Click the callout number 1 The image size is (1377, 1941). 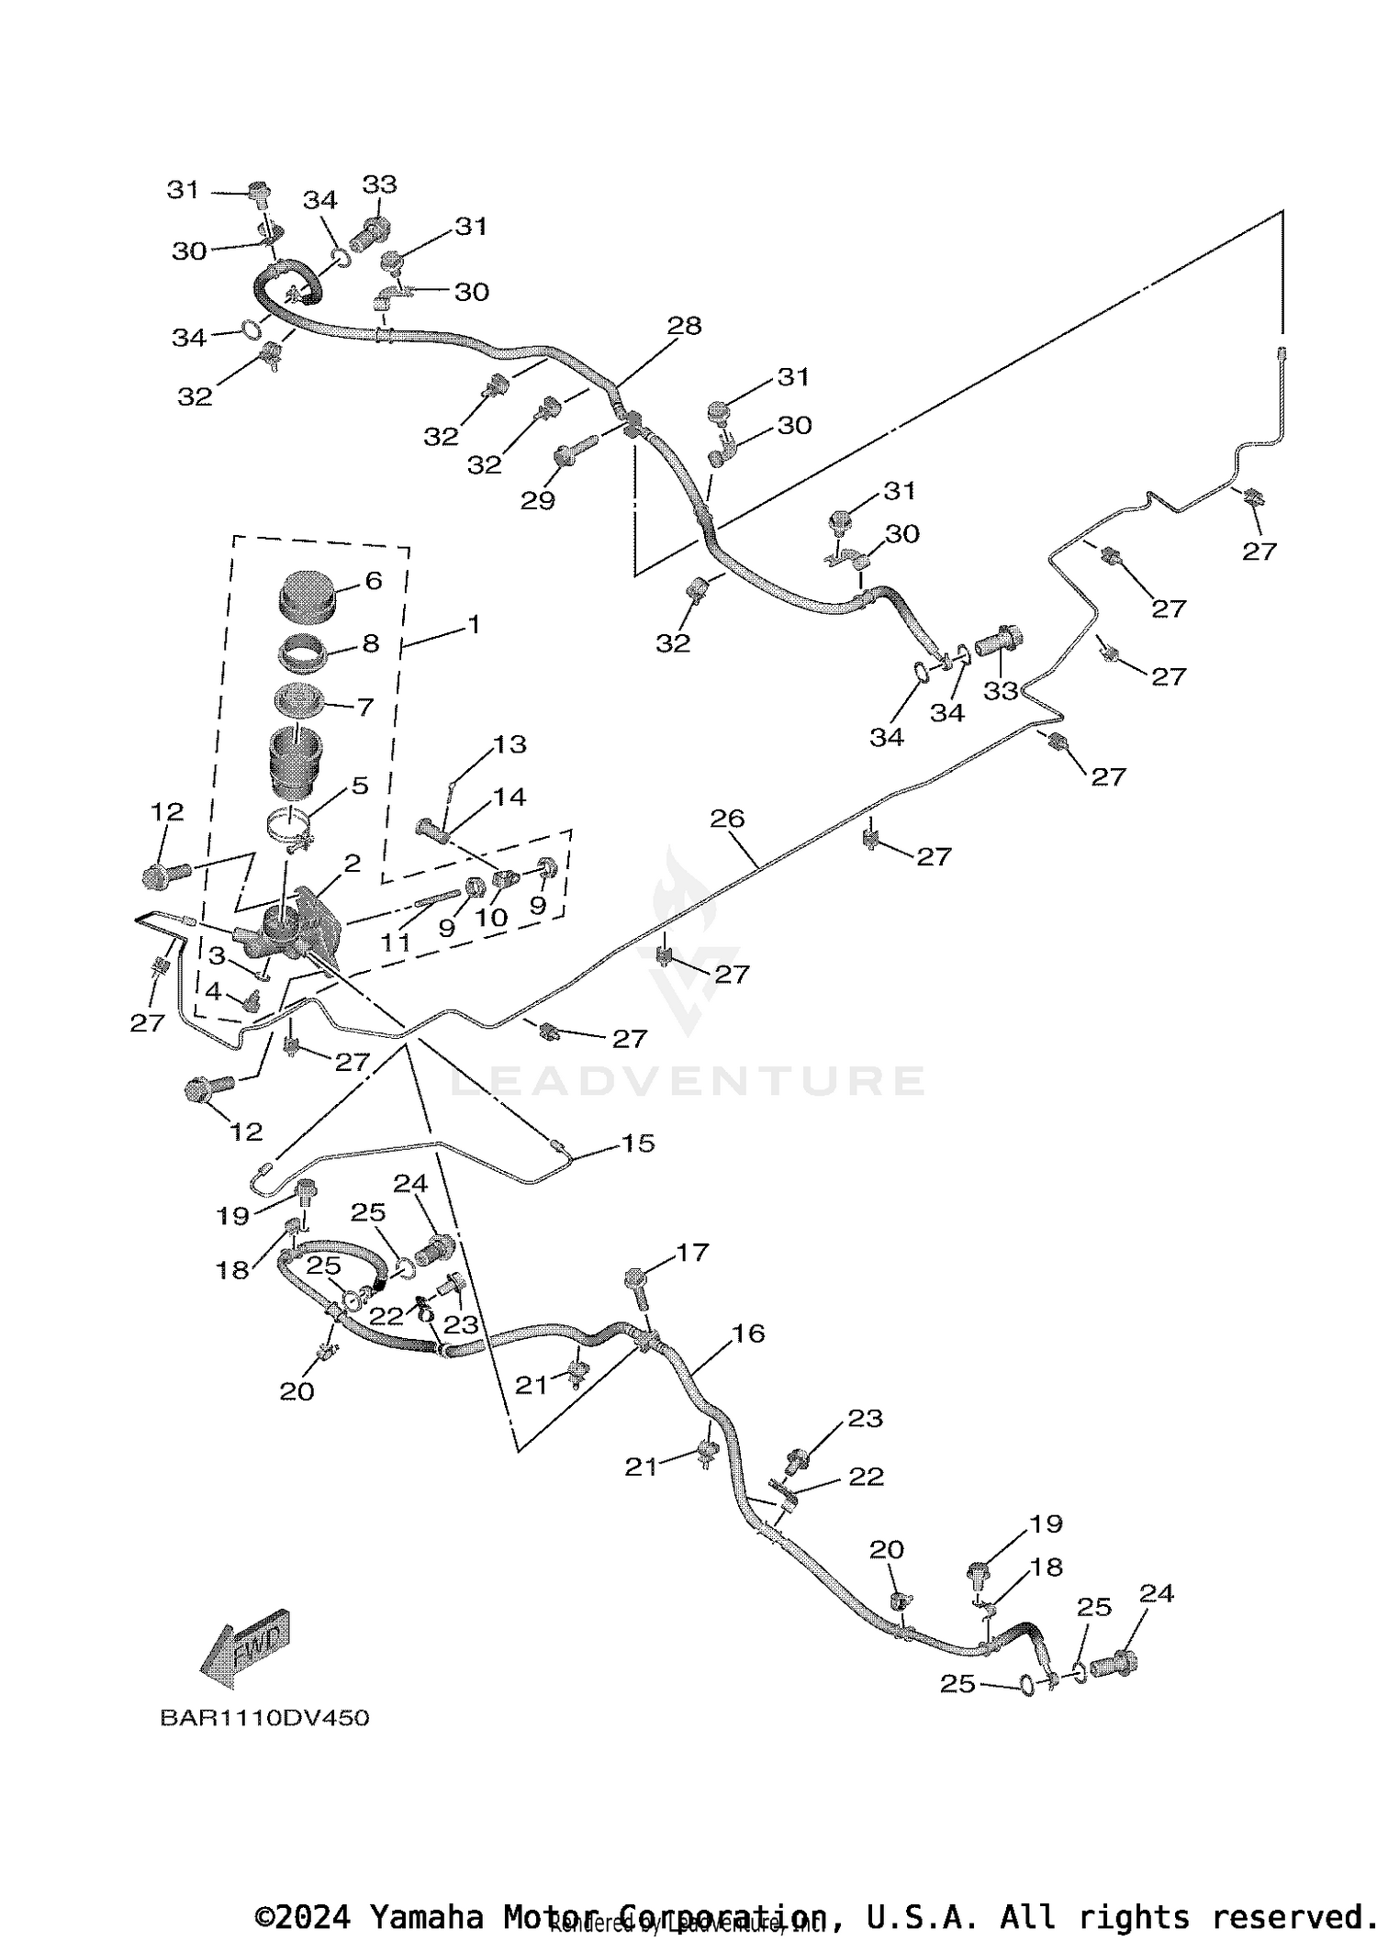click(x=474, y=624)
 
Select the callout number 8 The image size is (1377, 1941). click(x=371, y=643)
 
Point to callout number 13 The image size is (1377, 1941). click(x=510, y=744)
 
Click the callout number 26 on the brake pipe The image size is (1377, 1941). click(x=727, y=819)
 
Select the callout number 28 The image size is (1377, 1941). click(x=685, y=326)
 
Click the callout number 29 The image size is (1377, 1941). click(x=538, y=500)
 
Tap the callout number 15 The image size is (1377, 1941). click(x=638, y=1143)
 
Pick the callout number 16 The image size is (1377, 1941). click(x=749, y=1333)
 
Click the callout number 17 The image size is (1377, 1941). click(x=692, y=1253)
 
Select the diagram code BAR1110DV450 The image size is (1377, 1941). click(x=264, y=1718)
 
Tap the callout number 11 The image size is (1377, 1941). click(x=396, y=943)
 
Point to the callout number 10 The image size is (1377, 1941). click(x=491, y=918)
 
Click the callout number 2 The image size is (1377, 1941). click(x=353, y=864)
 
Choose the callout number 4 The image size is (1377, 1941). click(x=213, y=991)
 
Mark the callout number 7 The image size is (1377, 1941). click(x=364, y=707)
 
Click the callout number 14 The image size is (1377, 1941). click(x=510, y=797)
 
